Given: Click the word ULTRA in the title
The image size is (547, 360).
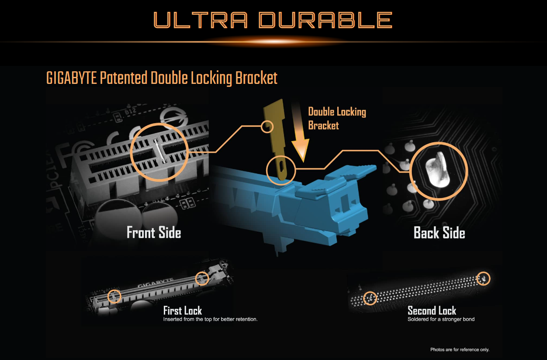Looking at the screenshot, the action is point(201,20).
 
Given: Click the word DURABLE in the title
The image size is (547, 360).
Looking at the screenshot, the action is point(325,20).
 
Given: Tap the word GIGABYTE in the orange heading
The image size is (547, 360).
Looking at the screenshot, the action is point(71,78).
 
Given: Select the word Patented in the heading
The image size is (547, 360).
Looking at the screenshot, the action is point(124,78).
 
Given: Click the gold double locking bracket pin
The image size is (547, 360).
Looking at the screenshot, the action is point(277,139).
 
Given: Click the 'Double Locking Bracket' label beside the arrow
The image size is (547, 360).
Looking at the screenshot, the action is point(337,118).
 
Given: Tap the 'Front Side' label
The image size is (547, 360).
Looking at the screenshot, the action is point(154,232).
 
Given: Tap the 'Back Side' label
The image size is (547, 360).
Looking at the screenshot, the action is point(440,232).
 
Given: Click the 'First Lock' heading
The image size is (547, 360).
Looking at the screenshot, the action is point(183,311).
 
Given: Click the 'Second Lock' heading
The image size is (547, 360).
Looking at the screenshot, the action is point(432,311).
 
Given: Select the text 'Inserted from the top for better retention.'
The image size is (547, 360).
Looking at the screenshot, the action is point(210,319).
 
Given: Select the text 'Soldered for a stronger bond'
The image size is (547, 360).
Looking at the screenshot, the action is point(441,319).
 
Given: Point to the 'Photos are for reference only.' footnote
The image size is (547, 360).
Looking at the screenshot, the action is point(460,350).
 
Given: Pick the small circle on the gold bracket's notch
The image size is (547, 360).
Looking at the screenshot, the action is point(267,127).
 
